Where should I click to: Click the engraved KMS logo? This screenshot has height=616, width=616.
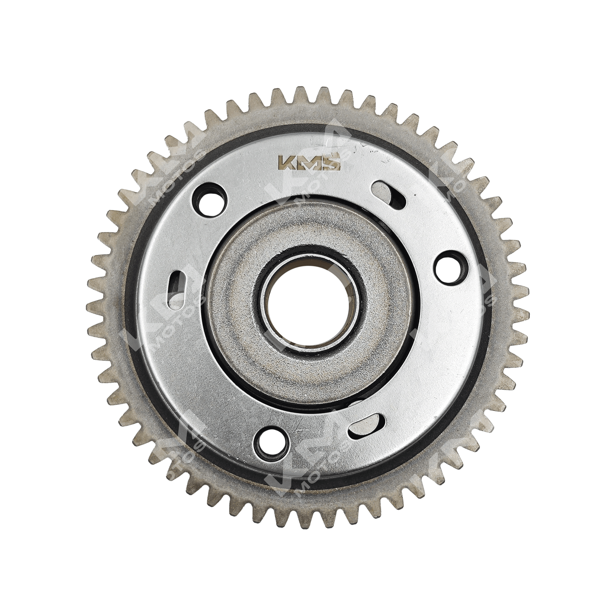309,163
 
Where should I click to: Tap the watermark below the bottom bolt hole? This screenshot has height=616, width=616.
307,473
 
